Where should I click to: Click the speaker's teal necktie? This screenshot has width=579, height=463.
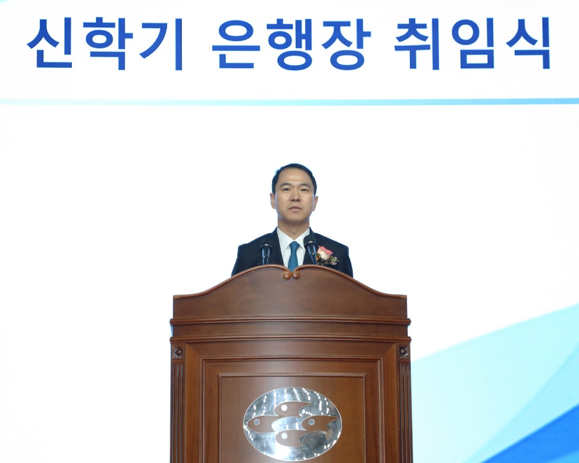[x=294, y=255]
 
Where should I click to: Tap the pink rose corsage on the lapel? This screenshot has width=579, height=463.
[x=324, y=254]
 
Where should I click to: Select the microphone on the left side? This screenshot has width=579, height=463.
[x=266, y=251]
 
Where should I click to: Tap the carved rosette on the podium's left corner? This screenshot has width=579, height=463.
[x=177, y=352]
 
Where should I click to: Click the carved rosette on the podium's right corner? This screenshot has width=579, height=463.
[x=403, y=352]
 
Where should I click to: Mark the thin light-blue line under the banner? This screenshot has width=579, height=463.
[x=289, y=101]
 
